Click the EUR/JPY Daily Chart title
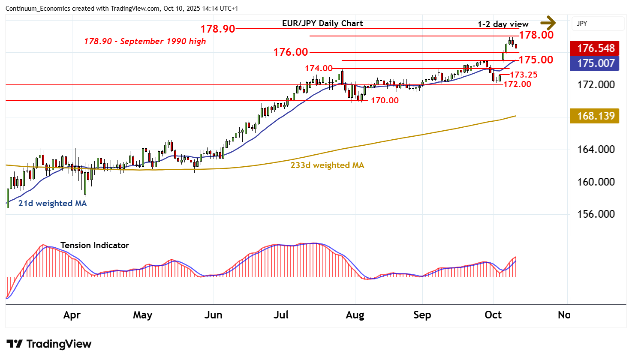point(322,24)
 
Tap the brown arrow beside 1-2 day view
point(548,23)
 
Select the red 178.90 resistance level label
point(218,29)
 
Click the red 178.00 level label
point(536,35)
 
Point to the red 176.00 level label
point(291,52)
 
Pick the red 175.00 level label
point(536,60)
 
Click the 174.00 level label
point(319,69)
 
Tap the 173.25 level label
point(523,75)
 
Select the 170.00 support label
point(385,101)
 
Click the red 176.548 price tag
point(596,48)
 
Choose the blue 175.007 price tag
point(596,63)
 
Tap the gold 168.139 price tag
point(596,116)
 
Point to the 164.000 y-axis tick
point(596,150)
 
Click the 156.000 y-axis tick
point(596,214)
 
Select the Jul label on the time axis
point(281,315)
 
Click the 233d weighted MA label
point(327,165)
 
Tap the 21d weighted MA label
point(52,204)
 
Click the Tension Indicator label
point(94,246)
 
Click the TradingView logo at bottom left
point(49,344)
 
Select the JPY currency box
point(598,24)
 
